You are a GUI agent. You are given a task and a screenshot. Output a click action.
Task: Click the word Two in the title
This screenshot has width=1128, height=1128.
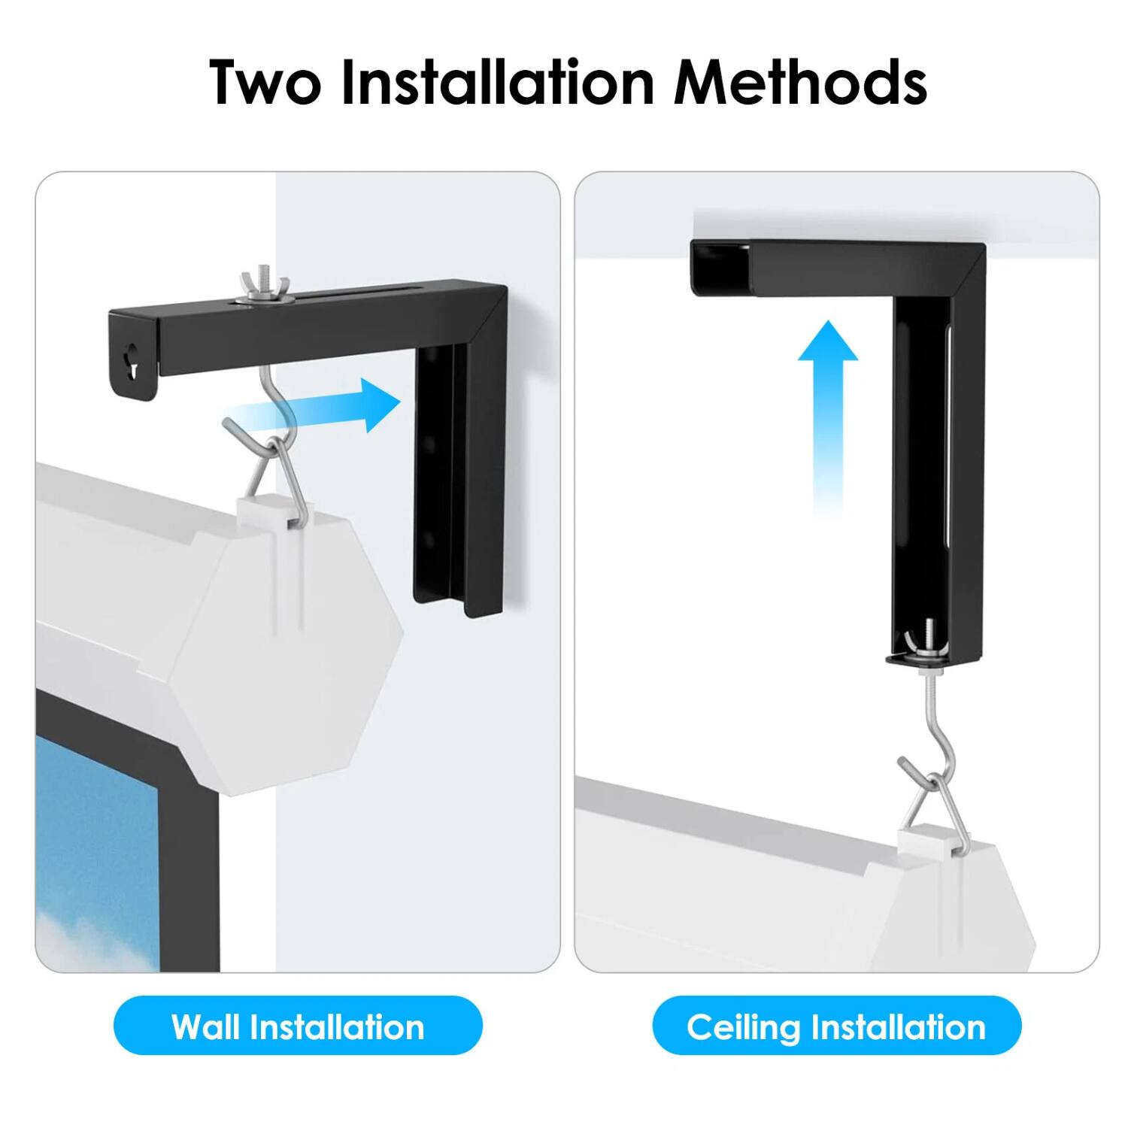coord(265,82)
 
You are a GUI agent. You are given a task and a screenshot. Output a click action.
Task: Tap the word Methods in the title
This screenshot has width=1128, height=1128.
coord(799,82)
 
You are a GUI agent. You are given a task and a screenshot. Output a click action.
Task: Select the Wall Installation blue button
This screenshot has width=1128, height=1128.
coord(298,1026)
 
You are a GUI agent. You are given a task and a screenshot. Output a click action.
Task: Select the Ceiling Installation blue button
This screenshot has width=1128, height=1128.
coord(836,1026)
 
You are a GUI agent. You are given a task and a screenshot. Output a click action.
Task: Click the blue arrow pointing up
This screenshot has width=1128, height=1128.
coord(827,406)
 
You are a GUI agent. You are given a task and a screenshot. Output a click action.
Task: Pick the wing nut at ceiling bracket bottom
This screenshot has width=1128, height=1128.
coord(926,646)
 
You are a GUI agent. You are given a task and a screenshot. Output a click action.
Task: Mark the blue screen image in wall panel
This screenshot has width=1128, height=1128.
coord(98,850)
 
